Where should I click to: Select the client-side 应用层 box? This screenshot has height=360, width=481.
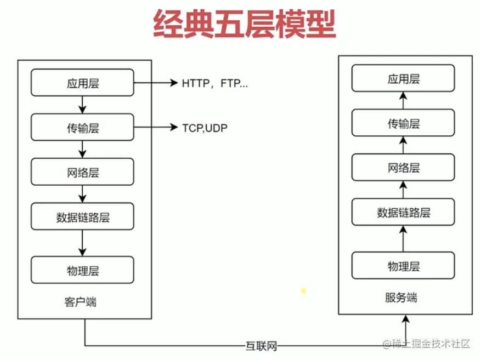click(x=82, y=83)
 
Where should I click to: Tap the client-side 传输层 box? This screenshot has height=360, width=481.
click(x=82, y=128)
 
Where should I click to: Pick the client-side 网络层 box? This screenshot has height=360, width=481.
click(x=82, y=172)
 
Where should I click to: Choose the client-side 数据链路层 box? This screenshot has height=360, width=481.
click(x=82, y=216)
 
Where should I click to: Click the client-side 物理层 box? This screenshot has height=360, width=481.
click(x=82, y=270)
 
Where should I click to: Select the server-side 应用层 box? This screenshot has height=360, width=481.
click(x=403, y=78)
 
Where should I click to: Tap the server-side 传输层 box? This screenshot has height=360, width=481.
click(x=403, y=123)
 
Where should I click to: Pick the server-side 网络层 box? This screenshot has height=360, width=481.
click(x=403, y=168)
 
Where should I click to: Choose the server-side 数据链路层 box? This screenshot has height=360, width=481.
click(x=403, y=212)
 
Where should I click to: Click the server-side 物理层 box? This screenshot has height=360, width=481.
click(x=403, y=266)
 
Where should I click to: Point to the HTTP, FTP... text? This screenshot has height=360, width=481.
click(x=214, y=84)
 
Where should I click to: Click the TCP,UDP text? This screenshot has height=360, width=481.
click(x=205, y=128)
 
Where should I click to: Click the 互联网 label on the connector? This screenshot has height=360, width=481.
click(x=261, y=346)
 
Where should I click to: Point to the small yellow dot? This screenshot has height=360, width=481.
click(x=303, y=290)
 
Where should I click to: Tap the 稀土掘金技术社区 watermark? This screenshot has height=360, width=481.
click(x=427, y=344)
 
